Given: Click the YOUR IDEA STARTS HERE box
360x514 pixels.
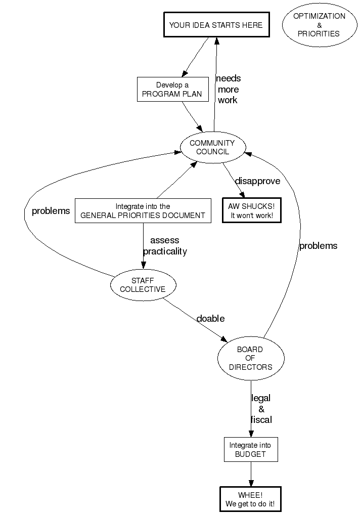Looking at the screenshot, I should (x=215, y=25).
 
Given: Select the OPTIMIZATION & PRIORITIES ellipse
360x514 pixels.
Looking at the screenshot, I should (x=319, y=25).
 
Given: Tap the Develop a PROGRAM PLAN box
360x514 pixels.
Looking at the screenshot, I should (x=173, y=90).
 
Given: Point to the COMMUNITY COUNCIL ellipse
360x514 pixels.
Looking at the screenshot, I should (x=212, y=147).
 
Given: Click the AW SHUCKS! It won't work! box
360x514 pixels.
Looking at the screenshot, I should (x=251, y=210).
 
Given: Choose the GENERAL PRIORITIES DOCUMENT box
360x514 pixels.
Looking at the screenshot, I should (x=143, y=210).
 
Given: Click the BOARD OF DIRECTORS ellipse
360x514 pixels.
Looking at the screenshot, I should (x=251, y=358).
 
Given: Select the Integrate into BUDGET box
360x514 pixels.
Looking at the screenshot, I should (x=251, y=449).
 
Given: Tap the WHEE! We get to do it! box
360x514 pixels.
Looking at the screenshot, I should (x=250, y=499).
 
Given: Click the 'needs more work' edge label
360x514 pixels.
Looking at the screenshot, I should (x=228, y=89).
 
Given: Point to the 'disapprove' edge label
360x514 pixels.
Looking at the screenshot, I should (x=257, y=181).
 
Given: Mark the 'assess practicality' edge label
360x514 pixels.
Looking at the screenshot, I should (x=165, y=246).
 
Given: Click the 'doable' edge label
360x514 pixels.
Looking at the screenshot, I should (x=210, y=318).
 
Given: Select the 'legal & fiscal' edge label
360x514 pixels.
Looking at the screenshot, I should (x=261, y=409).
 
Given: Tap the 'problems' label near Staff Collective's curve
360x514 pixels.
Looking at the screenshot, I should (x=51, y=211).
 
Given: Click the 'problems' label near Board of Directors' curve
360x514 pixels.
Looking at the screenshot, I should (x=318, y=246).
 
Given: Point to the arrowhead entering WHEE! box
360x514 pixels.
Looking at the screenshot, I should (x=250, y=484).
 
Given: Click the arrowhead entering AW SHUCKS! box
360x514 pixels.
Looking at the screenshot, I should (x=243, y=195).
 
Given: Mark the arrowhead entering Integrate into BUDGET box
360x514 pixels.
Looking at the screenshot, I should (x=251, y=434).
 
